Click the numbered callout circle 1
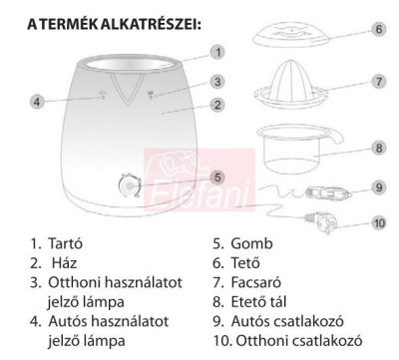click(217, 52)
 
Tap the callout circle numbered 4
click(37, 101)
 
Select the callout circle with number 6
click(379, 29)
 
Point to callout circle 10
click(379, 223)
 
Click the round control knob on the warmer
click(130, 185)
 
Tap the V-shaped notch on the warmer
click(128, 89)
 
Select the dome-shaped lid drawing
click(291, 36)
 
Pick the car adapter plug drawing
click(328, 193)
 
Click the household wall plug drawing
click(321, 221)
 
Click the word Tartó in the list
click(65, 243)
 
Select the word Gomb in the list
click(251, 243)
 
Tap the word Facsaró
click(256, 282)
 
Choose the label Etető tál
click(258, 302)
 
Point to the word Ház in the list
click(64, 263)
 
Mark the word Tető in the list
click(245, 263)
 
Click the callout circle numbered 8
click(379, 148)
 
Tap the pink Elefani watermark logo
click(199, 180)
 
